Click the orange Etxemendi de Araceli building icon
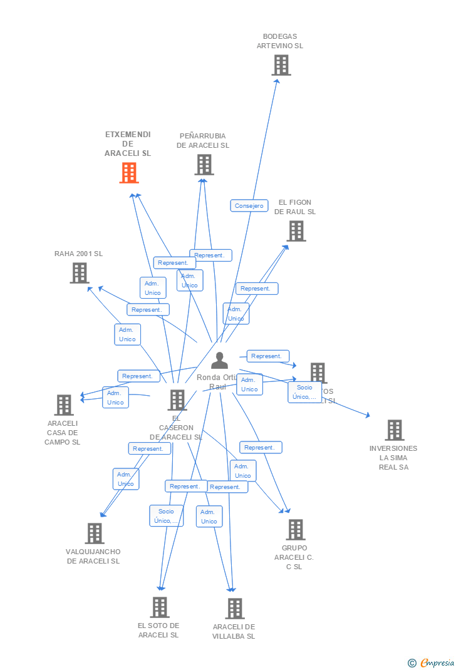[129, 173]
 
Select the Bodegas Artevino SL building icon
[281, 65]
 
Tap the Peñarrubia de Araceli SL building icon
[204, 165]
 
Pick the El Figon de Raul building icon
[296, 231]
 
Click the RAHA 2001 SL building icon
[80, 273]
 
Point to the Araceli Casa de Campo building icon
[64, 405]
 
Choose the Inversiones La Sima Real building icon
[395, 430]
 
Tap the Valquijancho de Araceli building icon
[95, 533]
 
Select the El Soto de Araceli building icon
[160, 607]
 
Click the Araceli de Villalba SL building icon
[235, 609]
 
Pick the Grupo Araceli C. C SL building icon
[296, 530]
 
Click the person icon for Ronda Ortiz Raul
[219, 361]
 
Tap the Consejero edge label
[249, 205]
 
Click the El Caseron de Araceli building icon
[177, 400]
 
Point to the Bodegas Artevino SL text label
[280, 41]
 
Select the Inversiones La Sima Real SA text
[393, 458]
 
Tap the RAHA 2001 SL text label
[78, 254]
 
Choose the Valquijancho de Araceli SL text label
[93, 556]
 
